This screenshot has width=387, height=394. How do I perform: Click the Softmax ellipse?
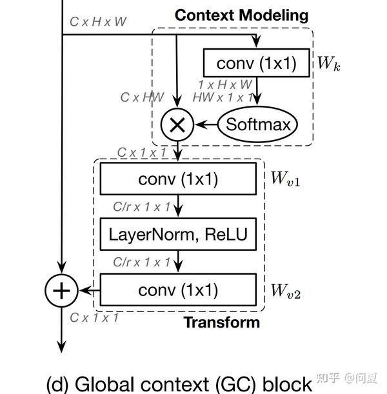click(x=258, y=124)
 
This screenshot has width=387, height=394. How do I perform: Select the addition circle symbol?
click(x=61, y=291)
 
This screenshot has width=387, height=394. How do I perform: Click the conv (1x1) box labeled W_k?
click(x=255, y=63)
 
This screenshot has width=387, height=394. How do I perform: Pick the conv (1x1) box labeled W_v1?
click(x=178, y=179)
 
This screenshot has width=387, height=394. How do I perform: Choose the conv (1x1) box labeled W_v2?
click(x=178, y=290)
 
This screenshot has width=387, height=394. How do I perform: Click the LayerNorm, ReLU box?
click(x=178, y=234)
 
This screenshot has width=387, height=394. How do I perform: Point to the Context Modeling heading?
click(x=241, y=14)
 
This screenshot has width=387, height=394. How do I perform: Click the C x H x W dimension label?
click(x=98, y=21)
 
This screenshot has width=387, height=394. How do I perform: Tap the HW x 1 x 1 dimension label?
click(x=224, y=97)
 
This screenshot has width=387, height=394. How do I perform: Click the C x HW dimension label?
click(x=142, y=97)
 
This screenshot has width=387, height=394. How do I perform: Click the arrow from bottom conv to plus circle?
click(x=88, y=291)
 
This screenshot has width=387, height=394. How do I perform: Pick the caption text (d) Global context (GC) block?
click(x=179, y=382)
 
